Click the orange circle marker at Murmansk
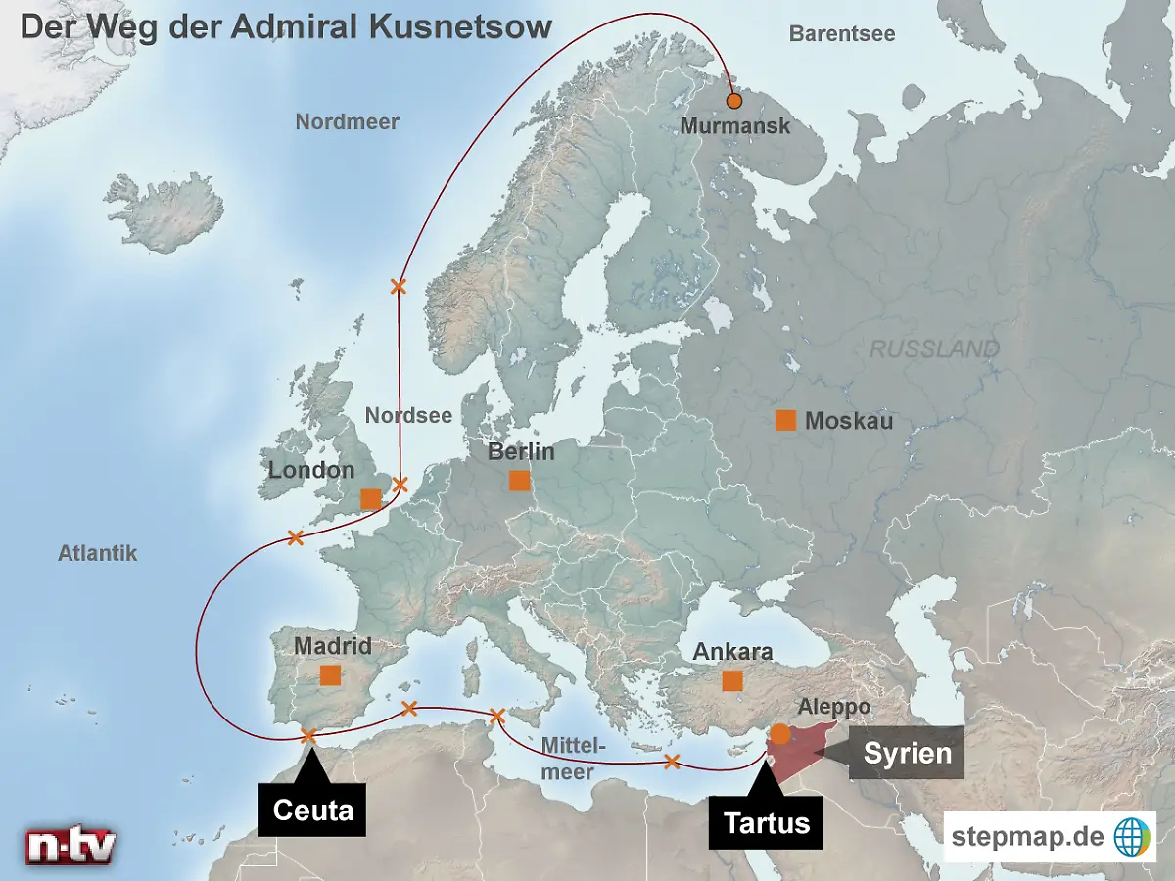point(734,101)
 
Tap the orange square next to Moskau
point(785,420)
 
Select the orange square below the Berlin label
point(519,481)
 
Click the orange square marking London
point(370,499)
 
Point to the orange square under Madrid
point(330,675)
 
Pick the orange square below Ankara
point(731,681)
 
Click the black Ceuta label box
point(312,810)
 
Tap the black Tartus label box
point(767,821)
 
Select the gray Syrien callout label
point(907,753)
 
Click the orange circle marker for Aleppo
point(780,733)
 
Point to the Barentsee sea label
point(842,33)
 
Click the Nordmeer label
point(347,122)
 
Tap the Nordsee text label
point(408,415)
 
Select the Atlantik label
point(97,553)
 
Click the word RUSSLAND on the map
point(934,349)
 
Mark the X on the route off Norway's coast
point(398,286)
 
